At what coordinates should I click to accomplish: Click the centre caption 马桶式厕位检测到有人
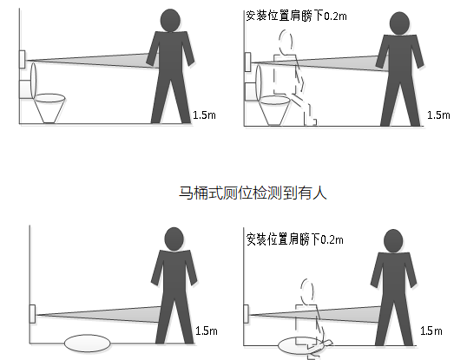tap(253, 193)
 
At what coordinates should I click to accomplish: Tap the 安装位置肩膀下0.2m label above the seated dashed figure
tap(296, 16)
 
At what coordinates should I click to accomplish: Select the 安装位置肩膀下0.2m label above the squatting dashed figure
tap(295, 239)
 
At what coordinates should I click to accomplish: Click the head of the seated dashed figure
tap(286, 41)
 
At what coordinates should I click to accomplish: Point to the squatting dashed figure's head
tap(307, 291)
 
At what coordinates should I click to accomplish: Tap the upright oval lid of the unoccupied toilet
tap(33, 80)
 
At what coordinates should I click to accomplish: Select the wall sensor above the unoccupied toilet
tap(22, 60)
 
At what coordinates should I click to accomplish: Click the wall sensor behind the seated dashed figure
tap(247, 62)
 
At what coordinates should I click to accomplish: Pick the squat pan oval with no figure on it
tap(88, 344)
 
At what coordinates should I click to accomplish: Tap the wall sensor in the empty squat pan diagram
tap(32, 314)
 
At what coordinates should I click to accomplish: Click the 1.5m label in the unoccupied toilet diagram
tap(204, 115)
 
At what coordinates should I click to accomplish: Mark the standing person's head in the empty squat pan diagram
tap(174, 239)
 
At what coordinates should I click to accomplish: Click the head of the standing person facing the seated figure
tap(399, 23)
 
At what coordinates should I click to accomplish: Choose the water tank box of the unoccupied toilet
tap(25, 89)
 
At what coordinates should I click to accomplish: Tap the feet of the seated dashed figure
tap(311, 121)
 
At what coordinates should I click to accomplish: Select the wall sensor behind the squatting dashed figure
tap(247, 314)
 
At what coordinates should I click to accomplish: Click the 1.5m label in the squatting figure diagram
tap(431, 331)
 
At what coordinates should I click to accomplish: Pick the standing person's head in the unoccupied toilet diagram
tap(170, 20)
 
